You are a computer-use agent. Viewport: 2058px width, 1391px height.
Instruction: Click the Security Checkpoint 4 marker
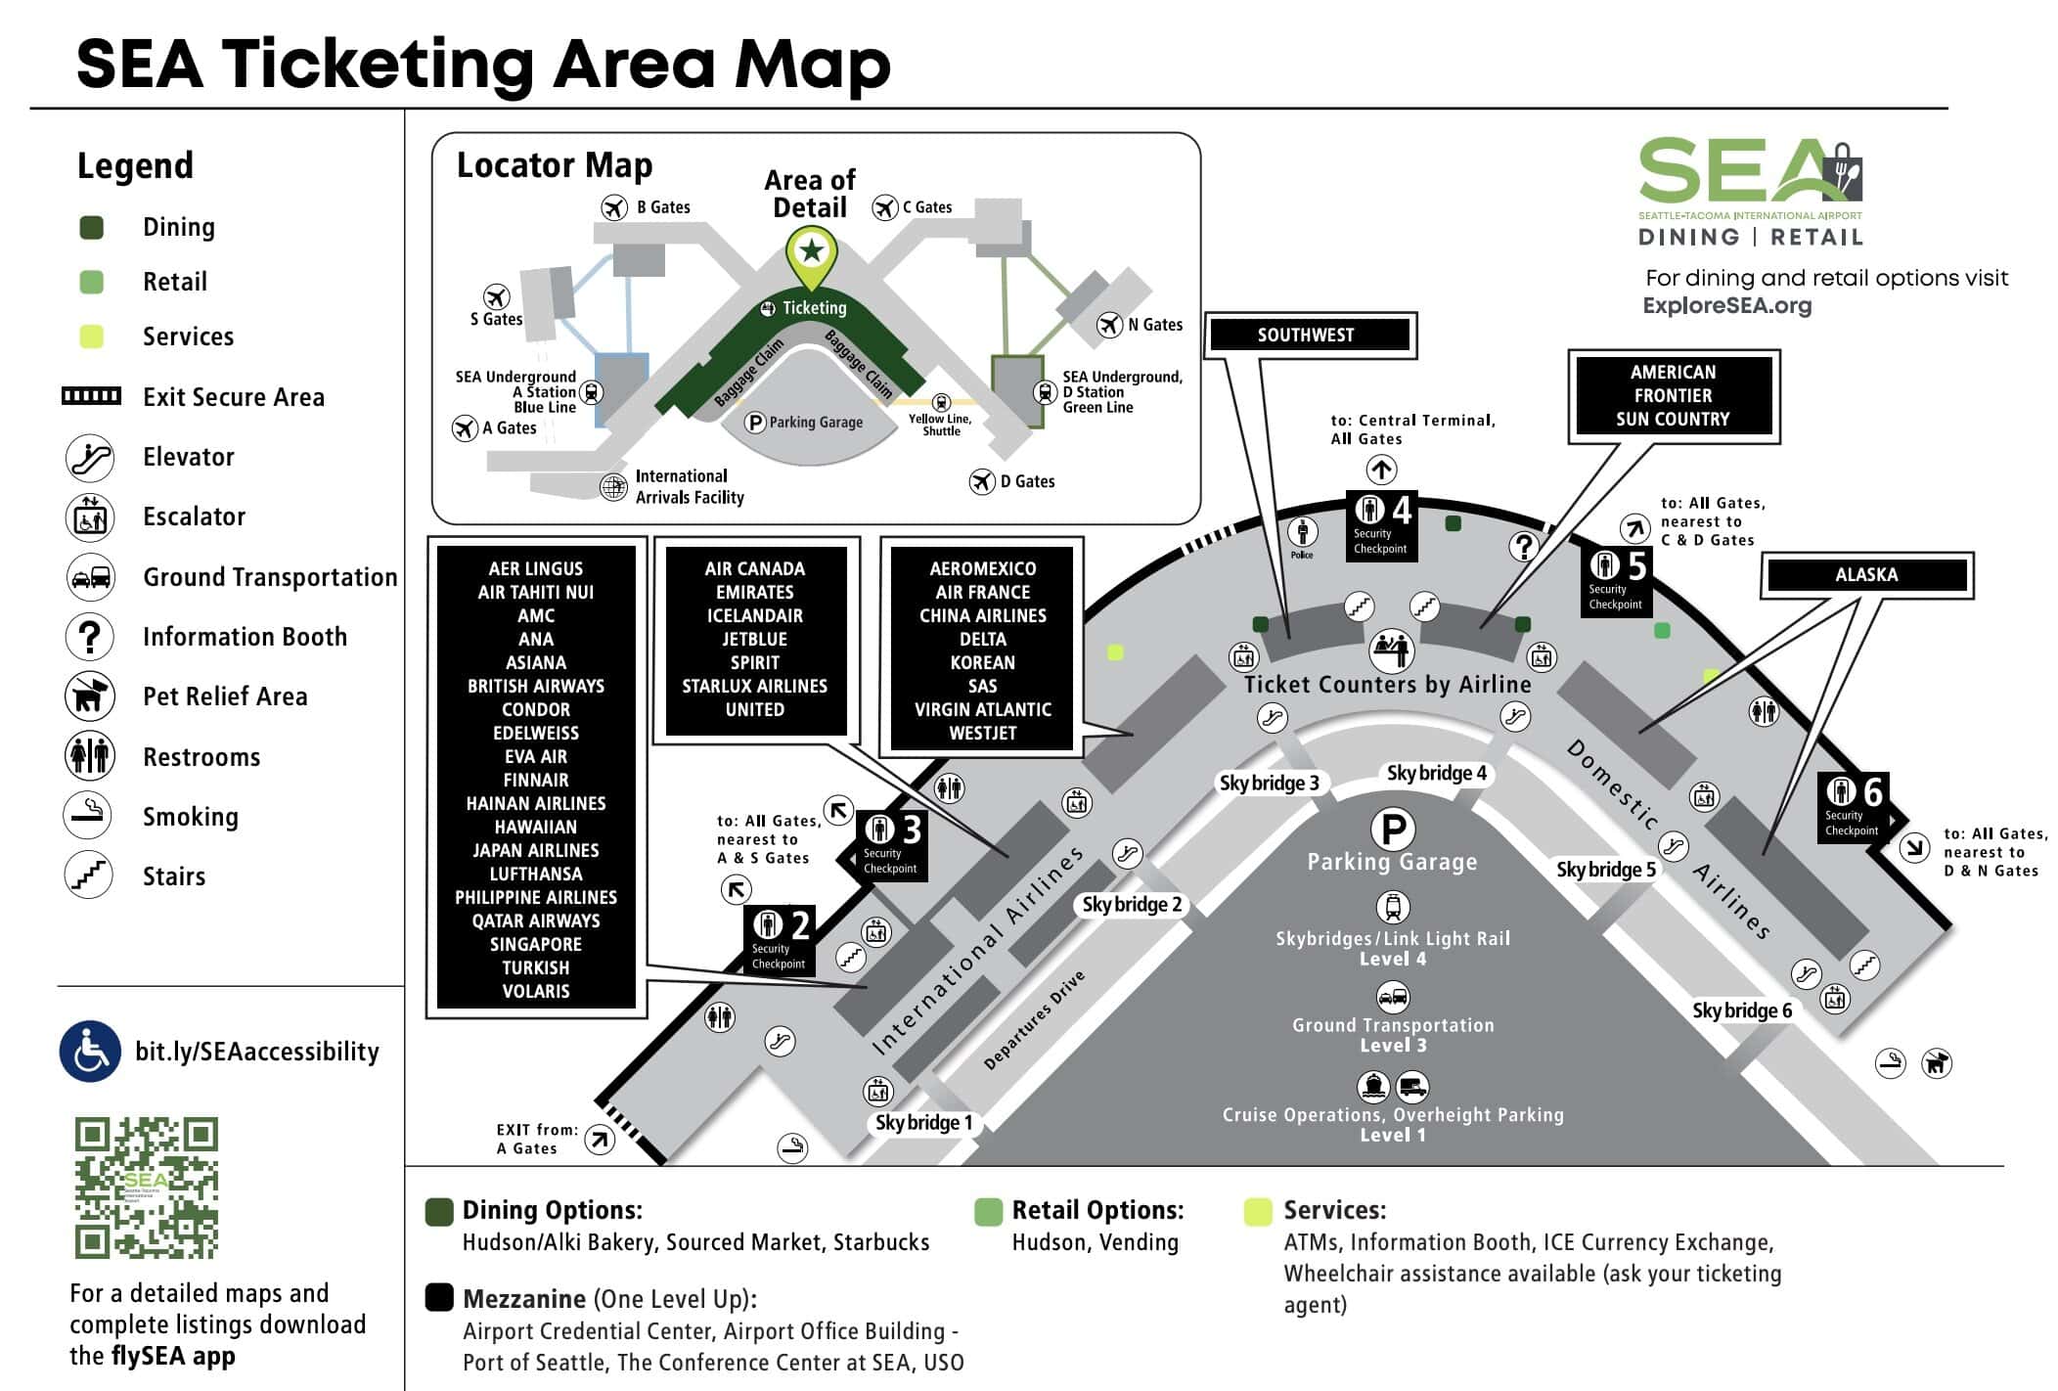coord(1381,524)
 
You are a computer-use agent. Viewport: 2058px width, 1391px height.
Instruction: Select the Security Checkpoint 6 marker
coord(1853,806)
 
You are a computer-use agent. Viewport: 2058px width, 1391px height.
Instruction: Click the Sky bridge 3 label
coord(1269,783)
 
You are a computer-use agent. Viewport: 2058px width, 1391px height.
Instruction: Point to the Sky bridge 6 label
coord(1742,1010)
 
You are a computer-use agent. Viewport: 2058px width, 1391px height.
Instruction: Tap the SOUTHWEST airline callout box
coord(1306,335)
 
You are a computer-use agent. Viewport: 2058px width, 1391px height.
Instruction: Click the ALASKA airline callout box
coord(1865,575)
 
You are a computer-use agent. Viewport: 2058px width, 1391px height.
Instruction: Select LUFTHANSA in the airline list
coord(535,874)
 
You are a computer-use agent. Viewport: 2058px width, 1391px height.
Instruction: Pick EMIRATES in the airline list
coord(754,592)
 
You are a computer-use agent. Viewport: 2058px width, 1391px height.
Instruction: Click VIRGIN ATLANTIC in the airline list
coord(982,709)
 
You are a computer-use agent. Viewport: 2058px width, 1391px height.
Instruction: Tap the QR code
coord(147,1188)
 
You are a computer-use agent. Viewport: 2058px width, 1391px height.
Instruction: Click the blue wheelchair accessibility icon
coord(90,1052)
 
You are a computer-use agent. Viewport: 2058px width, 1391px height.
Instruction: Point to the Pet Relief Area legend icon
coord(90,696)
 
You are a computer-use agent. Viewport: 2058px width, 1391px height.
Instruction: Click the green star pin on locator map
coord(811,252)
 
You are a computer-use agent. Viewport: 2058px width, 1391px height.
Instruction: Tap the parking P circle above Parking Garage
coord(1393,830)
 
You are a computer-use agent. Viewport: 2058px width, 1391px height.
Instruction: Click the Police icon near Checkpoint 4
coord(1302,534)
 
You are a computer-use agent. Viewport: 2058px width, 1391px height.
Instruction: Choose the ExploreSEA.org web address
coord(1726,305)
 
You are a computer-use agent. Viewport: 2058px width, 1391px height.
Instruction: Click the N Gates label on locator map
coord(1154,325)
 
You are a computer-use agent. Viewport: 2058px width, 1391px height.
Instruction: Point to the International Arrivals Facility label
coord(690,486)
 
